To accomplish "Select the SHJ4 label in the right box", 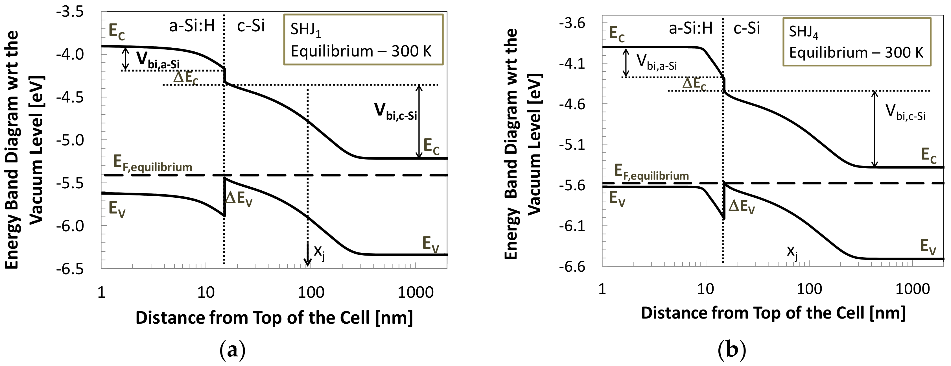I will [x=803, y=32].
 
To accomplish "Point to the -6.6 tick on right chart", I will [x=572, y=266].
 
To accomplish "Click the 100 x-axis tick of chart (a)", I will [x=311, y=293].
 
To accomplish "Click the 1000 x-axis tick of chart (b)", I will [x=913, y=289].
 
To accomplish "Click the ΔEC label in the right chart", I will [x=694, y=84].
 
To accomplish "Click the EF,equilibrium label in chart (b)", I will [x=651, y=173].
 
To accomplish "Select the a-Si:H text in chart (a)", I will [x=192, y=26].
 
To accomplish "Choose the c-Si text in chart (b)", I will [x=746, y=28].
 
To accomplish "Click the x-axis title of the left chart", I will [x=274, y=318].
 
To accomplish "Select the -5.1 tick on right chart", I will [x=572, y=145].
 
